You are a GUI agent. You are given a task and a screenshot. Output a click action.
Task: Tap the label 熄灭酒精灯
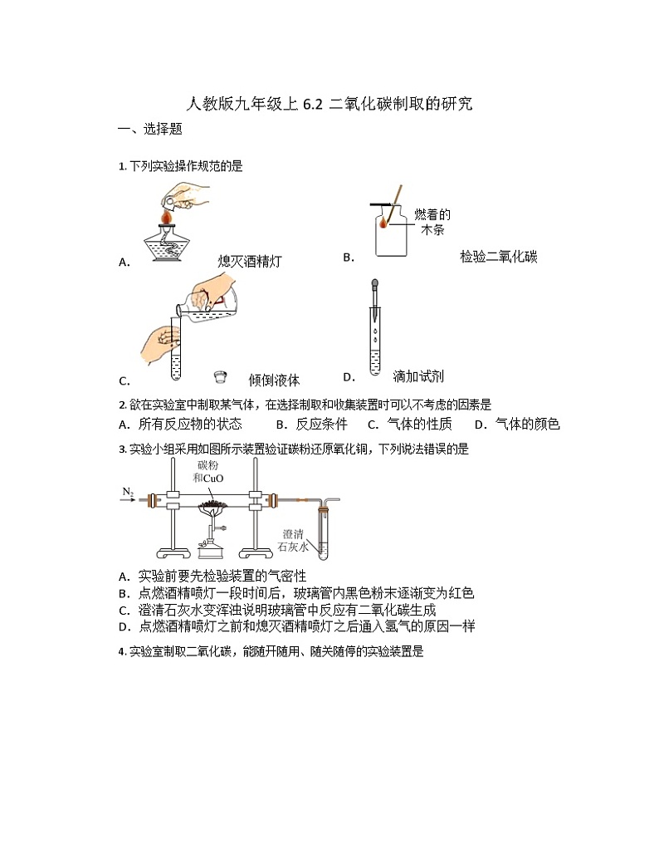click(x=250, y=262)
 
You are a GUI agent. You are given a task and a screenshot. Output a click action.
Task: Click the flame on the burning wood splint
click(x=385, y=223)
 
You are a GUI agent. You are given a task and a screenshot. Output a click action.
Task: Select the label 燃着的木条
click(x=432, y=223)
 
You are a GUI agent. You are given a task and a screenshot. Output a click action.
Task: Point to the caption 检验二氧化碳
click(x=499, y=258)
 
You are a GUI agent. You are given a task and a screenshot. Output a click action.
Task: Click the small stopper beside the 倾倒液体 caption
click(x=221, y=378)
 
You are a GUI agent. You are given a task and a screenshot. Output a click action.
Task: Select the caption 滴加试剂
click(x=418, y=376)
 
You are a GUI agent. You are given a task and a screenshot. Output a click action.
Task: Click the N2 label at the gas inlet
click(x=129, y=492)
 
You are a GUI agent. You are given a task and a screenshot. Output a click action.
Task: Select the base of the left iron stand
click(x=172, y=554)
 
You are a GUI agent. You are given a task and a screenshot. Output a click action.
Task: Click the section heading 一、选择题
click(x=150, y=130)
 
